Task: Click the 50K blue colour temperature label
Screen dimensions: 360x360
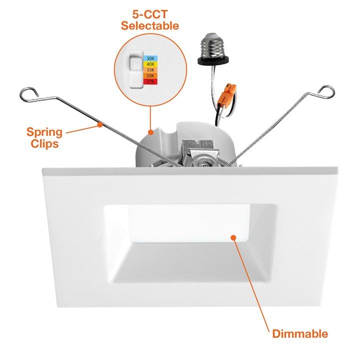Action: (150, 58)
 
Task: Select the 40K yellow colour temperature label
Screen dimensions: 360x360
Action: (150, 64)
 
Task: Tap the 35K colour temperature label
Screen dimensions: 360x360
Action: (150, 70)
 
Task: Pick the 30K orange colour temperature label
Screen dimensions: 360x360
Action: (150, 76)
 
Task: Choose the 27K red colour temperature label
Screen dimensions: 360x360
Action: (150, 81)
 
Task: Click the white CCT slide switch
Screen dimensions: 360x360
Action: (136, 70)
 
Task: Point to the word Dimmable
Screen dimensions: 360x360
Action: (300, 333)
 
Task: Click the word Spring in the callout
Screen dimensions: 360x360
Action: (44, 132)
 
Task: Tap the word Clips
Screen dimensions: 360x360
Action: (44, 143)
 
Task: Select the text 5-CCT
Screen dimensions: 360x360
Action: (150, 14)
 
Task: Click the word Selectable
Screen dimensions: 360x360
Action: (150, 25)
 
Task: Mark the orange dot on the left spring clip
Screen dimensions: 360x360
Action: (100, 124)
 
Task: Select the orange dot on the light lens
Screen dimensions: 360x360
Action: (233, 237)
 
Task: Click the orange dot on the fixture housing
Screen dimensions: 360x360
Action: (150, 132)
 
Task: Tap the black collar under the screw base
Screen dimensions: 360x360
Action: (213, 60)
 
